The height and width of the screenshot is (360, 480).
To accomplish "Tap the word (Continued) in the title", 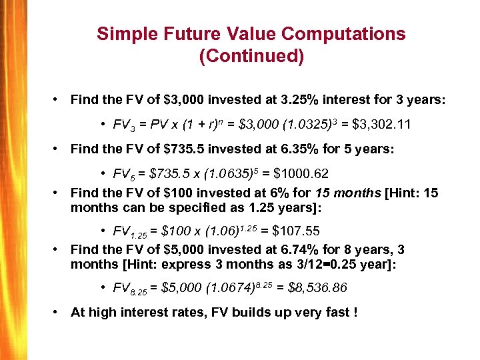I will pyautogui.click(x=251, y=57).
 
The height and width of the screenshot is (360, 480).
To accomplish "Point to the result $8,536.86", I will pyautogui.click(x=315, y=289).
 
